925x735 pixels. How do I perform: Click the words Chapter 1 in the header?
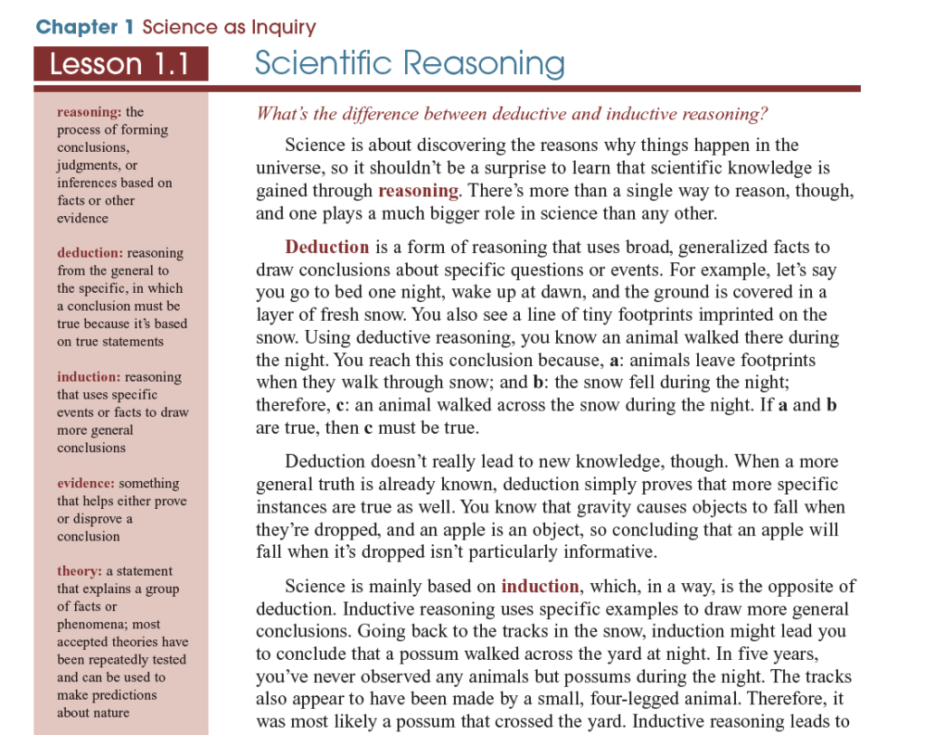click(85, 27)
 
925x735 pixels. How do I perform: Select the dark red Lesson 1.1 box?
click(120, 65)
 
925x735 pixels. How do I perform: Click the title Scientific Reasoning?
click(410, 63)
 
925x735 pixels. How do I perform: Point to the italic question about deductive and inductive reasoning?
click(511, 114)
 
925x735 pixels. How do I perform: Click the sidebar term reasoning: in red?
click(89, 112)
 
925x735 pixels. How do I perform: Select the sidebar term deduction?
click(90, 253)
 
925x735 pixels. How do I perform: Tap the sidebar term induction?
click(89, 377)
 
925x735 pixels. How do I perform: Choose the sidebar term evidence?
click(86, 484)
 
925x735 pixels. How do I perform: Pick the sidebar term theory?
click(80, 571)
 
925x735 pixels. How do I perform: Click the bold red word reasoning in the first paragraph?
click(418, 191)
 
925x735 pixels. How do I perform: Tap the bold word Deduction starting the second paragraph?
click(326, 248)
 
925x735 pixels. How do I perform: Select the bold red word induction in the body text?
click(540, 586)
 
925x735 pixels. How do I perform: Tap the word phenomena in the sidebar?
click(95, 624)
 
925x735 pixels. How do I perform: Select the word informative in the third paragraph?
click(607, 551)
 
